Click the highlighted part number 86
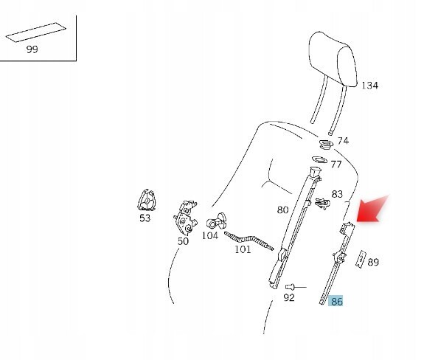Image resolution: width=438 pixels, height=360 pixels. point(336,301)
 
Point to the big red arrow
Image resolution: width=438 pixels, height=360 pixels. point(371,210)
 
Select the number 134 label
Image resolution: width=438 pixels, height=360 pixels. point(370,86)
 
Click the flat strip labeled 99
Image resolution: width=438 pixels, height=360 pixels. point(35,32)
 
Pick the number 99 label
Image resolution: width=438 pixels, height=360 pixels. point(32,49)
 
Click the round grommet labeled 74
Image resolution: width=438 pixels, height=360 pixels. point(326,145)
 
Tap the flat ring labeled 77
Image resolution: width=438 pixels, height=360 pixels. point(319,160)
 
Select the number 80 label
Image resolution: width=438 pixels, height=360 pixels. point(282,210)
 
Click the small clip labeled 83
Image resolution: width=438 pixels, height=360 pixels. point(322,204)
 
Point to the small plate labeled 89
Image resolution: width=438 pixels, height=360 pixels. point(361,260)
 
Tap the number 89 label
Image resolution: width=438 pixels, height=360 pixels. point(373,262)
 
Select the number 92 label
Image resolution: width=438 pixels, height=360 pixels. point(289,297)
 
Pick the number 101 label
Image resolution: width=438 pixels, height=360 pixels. point(243,249)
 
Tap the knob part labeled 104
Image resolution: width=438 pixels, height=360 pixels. point(217,221)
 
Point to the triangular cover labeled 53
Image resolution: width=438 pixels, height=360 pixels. point(147,200)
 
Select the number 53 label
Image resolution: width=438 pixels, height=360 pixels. point(145,218)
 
